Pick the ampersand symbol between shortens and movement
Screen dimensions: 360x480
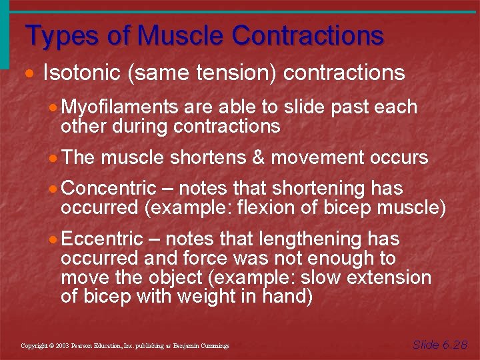258,158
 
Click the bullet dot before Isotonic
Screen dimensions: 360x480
31,73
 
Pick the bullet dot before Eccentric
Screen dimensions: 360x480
54,239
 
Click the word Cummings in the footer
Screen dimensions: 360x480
214,346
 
